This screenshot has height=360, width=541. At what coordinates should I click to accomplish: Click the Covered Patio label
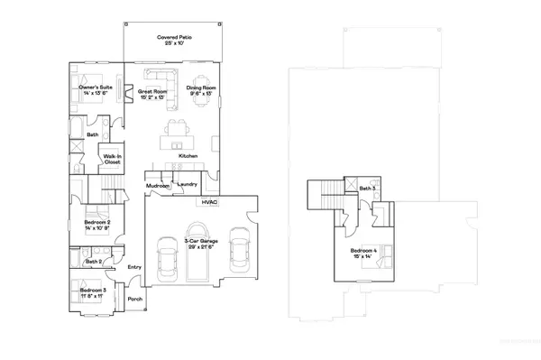171,41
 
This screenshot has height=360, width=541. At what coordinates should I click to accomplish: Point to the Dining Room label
198,90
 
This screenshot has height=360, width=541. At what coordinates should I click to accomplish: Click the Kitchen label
188,156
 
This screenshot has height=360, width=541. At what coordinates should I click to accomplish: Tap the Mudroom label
158,186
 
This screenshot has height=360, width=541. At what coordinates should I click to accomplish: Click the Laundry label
188,184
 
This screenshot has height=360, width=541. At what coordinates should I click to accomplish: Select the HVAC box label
210,204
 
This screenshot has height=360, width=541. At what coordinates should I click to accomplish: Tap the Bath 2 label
94,262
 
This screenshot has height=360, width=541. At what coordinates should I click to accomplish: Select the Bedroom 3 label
93,291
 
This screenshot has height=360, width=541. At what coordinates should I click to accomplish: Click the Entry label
134,267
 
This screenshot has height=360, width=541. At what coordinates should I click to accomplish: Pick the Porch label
134,299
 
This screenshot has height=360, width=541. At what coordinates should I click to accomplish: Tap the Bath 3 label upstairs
367,189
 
